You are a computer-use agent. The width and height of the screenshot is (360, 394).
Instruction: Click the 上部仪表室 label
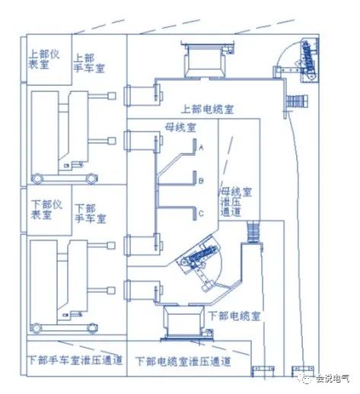pyautogui.click(x=43, y=59)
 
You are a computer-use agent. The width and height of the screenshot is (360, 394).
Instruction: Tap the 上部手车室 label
pyautogui.click(x=89, y=63)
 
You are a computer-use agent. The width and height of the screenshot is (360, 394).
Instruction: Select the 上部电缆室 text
pyautogui.click(x=207, y=110)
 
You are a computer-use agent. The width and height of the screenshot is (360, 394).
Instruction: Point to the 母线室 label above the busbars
pyautogui.click(x=181, y=127)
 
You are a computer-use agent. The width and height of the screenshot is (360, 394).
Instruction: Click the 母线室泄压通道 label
pyautogui.click(x=236, y=202)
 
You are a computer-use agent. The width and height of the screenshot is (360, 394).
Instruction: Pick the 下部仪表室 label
pyautogui.click(x=46, y=209)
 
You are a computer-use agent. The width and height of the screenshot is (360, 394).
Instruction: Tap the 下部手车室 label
pyautogui.click(x=91, y=214)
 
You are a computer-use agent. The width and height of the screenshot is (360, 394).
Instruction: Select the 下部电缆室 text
pyautogui.click(x=234, y=316)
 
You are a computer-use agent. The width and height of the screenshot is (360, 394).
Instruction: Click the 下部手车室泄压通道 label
pyautogui.click(x=75, y=360)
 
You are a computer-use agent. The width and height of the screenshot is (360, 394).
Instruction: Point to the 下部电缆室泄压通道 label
pyautogui.click(x=183, y=361)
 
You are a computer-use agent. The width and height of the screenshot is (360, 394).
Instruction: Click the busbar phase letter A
pyautogui.click(x=201, y=148)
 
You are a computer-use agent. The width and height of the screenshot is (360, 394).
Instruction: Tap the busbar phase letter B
pyautogui.click(x=201, y=181)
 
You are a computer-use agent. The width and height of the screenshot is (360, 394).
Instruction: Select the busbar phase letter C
pyautogui.click(x=201, y=214)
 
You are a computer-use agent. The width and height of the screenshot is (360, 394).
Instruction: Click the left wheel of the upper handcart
pyautogui.click(x=37, y=179)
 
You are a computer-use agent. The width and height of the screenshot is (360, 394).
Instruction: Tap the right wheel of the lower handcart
pyautogui.click(x=92, y=329)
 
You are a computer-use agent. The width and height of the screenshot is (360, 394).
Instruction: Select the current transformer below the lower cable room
pyautogui.click(x=183, y=320)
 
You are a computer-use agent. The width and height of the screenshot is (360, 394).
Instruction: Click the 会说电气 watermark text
pyautogui.click(x=333, y=379)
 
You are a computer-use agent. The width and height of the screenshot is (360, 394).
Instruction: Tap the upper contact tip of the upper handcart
pyautogui.click(x=112, y=96)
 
